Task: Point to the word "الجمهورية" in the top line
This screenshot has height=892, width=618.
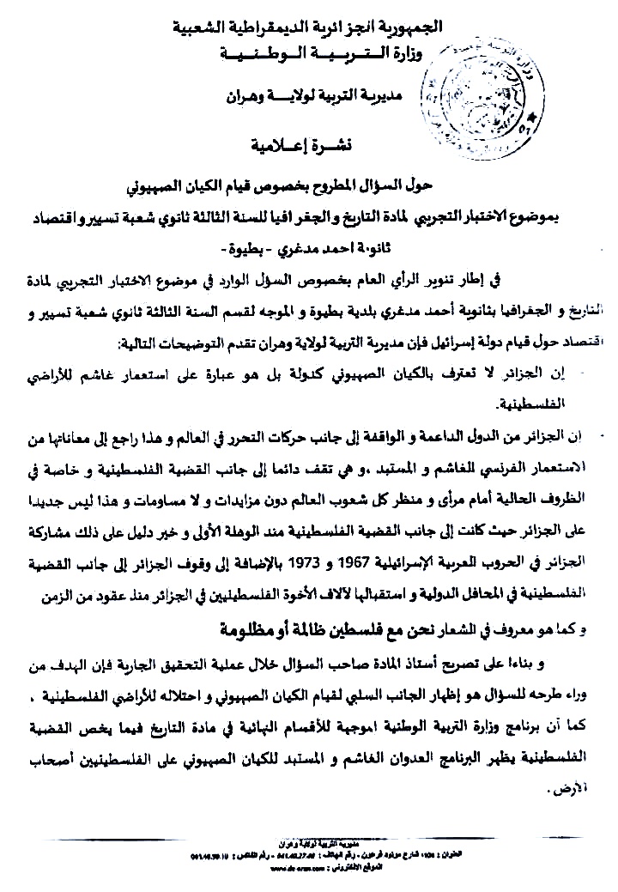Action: coord(415,27)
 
